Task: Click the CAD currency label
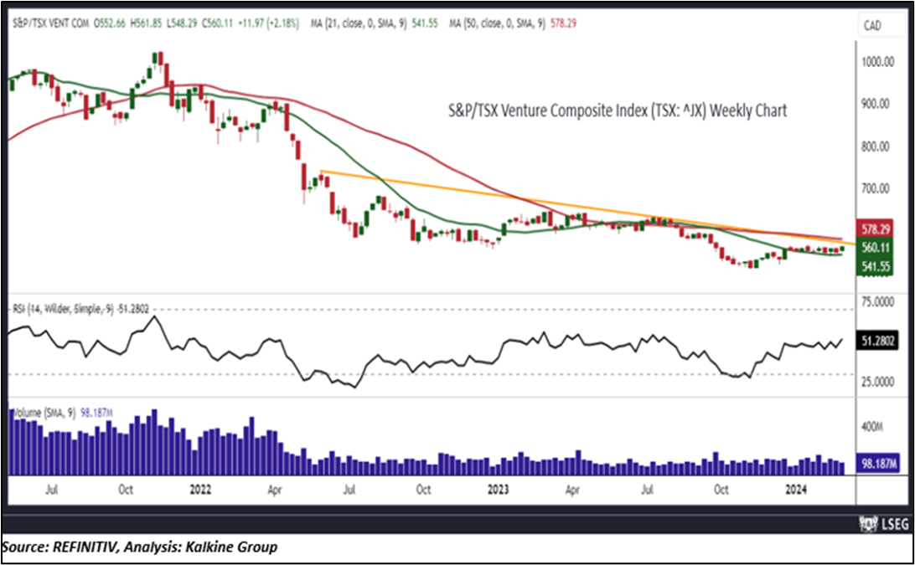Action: [872, 27]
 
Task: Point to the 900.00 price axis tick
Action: [878, 104]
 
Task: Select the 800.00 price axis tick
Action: [878, 146]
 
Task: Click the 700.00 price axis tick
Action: [878, 188]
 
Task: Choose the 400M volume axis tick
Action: [873, 427]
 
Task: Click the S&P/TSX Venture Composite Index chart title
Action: [615, 110]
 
